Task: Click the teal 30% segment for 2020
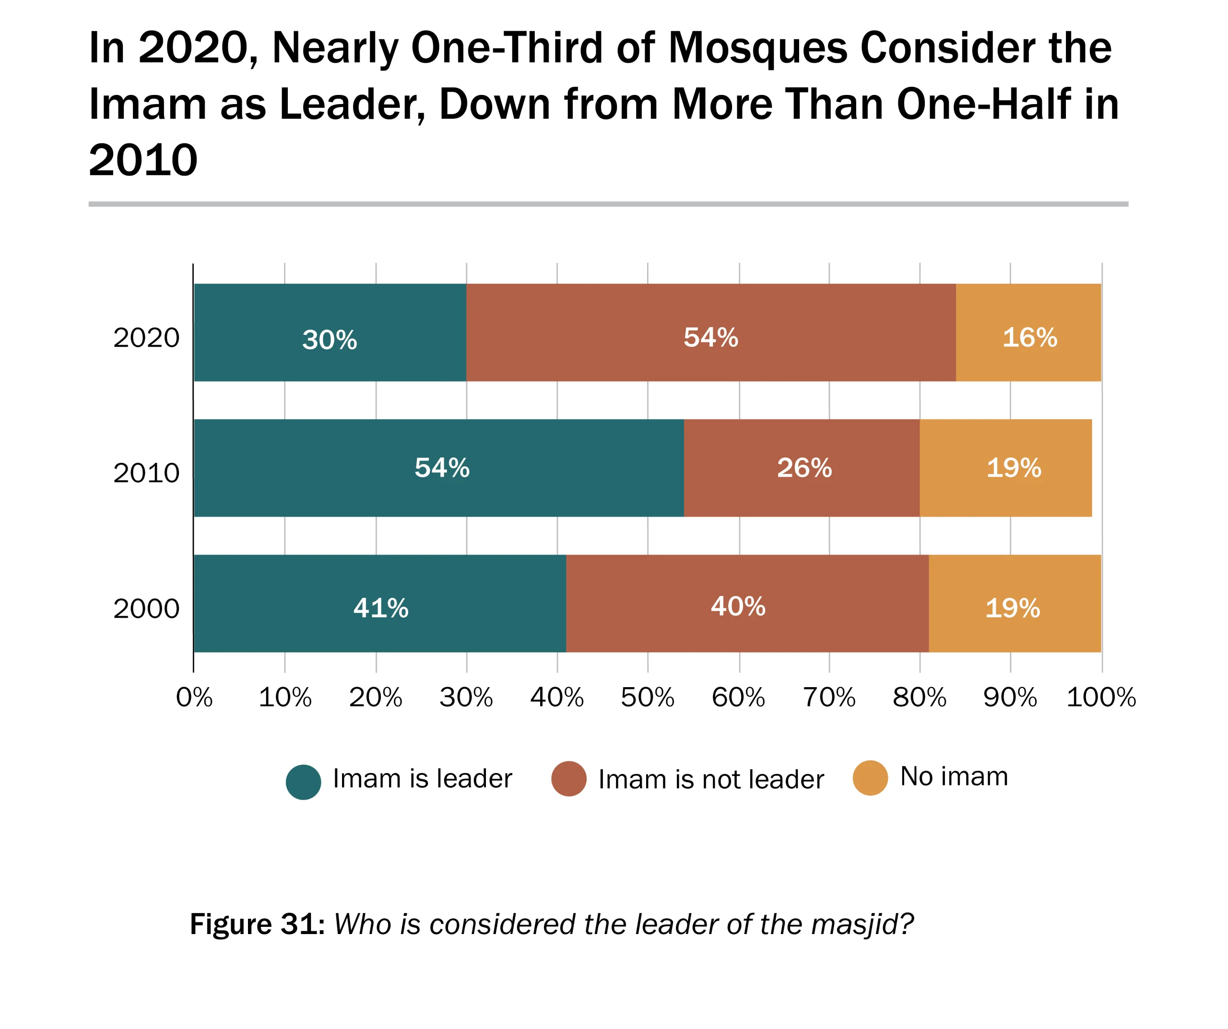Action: click(330, 333)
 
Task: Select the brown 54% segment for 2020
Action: click(711, 333)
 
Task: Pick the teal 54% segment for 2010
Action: click(438, 468)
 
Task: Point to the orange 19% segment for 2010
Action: click(1006, 468)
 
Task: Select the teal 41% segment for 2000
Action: click(379, 603)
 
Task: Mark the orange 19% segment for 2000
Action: click(1015, 603)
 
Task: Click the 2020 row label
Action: click(146, 338)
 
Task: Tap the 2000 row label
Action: click(146, 608)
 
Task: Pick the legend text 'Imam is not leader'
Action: click(711, 779)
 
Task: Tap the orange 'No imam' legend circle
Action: click(870, 778)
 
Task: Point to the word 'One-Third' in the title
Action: click(507, 48)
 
